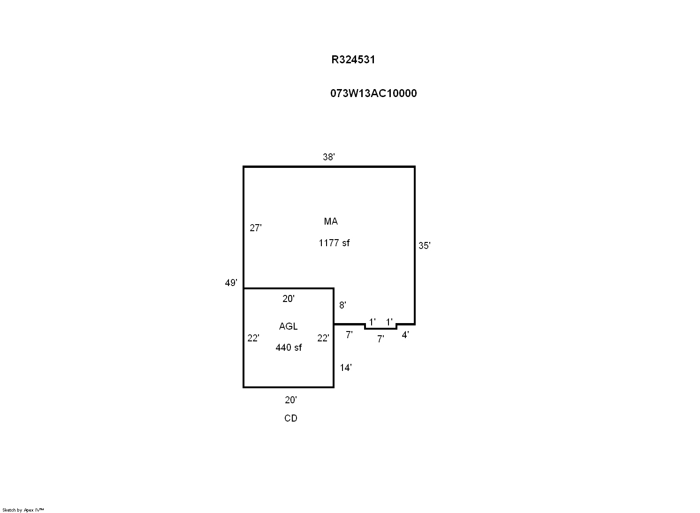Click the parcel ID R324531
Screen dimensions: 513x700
[353, 60]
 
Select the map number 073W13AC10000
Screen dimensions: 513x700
[373, 93]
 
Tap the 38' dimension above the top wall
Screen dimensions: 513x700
[328, 157]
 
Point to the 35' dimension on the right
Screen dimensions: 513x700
[424, 246]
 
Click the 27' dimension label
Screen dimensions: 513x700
[255, 228]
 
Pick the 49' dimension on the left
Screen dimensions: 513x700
[231, 283]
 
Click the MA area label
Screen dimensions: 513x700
[331, 221]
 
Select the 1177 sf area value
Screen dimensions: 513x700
[334, 243]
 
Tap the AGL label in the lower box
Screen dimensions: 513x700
[288, 326]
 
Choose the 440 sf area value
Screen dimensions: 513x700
[288, 347]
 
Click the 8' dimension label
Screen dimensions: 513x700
[342, 305]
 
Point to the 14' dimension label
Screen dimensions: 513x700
[345, 368]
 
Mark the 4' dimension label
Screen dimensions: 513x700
[405, 335]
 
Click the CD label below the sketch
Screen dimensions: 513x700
[290, 418]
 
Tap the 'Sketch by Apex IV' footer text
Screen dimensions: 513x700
[23, 510]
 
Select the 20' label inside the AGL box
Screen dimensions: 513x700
[288, 299]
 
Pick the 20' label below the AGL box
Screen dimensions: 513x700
[290, 400]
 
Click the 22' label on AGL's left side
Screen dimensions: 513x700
[253, 338]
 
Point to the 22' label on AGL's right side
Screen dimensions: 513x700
[323, 338]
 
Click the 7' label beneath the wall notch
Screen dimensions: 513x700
[380, 339]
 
